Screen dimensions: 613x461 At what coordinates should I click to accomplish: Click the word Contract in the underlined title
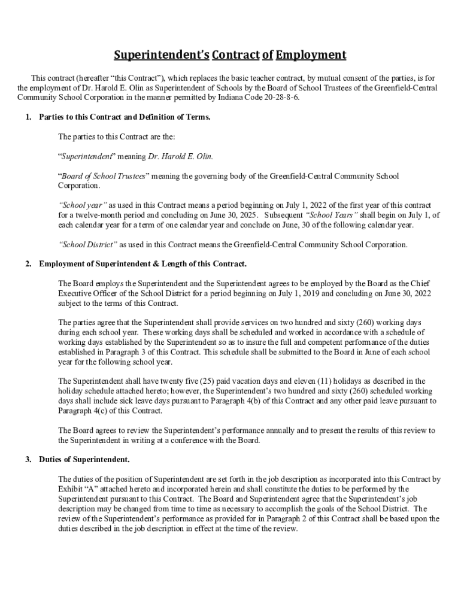pyautogui.click(x=235, y=56)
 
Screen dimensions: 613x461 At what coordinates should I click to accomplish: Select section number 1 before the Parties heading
pyautogui.click(x=28, y=117)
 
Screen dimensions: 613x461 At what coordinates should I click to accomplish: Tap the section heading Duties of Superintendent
pyautogui.click(x=84, y=460)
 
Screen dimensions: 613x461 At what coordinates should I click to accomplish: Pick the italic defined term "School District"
pyautogui.click(x=88, y=244)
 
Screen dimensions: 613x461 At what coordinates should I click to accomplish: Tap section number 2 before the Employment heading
pyautogui.click(x=28, y=264)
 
